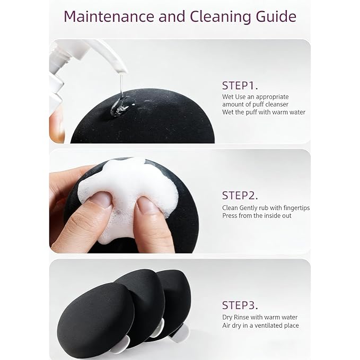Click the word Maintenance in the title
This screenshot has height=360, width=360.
pos(109,16)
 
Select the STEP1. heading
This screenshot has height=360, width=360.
pos(240,86)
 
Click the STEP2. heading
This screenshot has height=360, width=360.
pos(240,196)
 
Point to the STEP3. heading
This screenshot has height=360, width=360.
pos(240,305)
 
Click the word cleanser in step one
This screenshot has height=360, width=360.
pos(277,104)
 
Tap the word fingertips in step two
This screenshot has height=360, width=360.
pos(296,208)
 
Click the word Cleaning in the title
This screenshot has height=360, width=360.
pos(220,17)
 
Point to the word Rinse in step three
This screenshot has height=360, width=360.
pos(241,317)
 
